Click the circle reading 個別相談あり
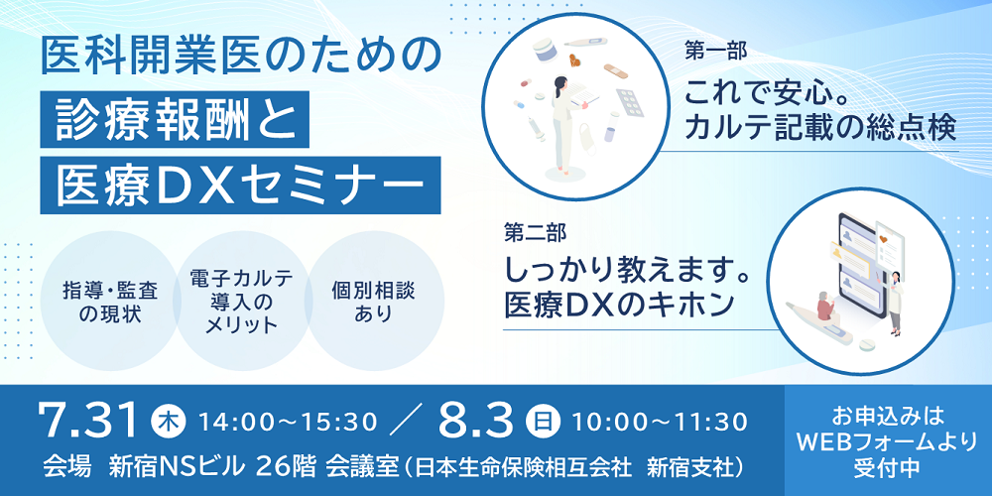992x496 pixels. pos(375,302)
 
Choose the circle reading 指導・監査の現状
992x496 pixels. pos(110,302)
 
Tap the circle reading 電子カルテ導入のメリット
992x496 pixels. pos(242,302)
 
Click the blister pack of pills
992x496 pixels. pos(629,103)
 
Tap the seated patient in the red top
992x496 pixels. pos(823,309)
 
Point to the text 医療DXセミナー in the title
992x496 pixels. pos(240,185)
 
